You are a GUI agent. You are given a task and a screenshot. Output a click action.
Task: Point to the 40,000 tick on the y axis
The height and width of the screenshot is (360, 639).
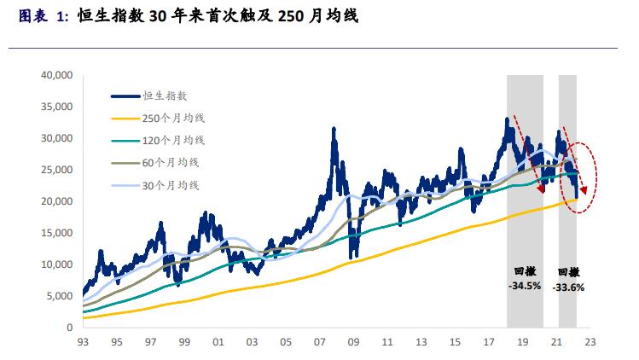pyautogui.click(x=56, y=75)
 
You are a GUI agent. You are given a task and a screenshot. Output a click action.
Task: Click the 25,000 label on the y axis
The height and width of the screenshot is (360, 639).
pyautogui.click(x=56, y=170)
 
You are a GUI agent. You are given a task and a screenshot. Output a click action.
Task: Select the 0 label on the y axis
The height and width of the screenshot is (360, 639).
pyautogui.click(x=69, y=328)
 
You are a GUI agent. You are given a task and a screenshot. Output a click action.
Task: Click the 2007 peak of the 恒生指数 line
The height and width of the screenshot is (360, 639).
pyautogui.click(x=331, y=129)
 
